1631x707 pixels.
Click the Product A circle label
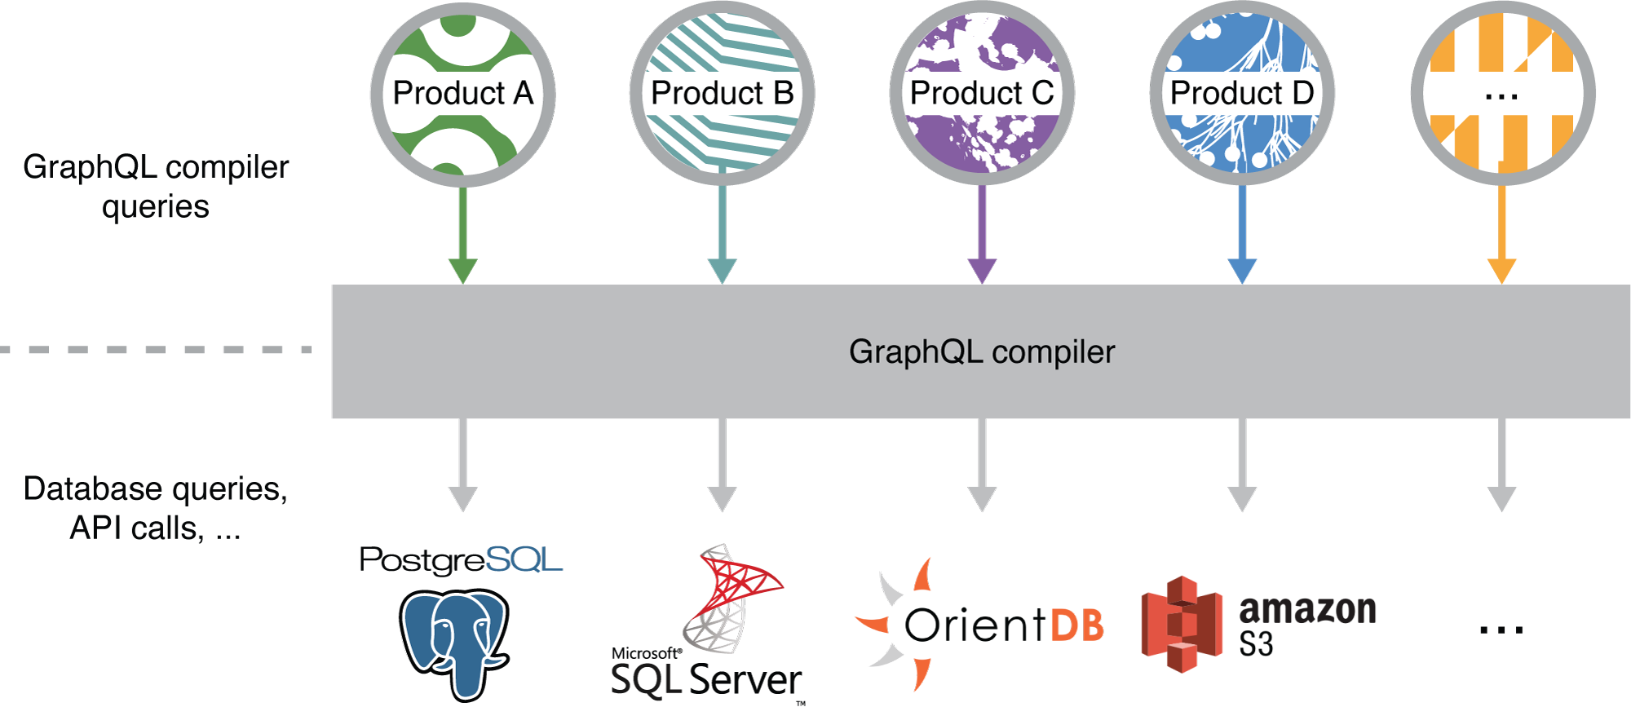click(462, 93)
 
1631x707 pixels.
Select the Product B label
click(722, 93)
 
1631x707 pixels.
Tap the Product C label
click(981, 93)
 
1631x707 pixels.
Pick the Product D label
click(1241, 93)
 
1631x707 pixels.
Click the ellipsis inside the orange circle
click(1501, 96)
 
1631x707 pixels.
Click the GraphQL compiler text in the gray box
click(981, 351)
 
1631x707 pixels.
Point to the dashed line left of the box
click(155, 350)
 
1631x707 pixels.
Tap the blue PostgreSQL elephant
click(454, 640)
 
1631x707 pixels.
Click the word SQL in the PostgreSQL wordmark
click(523, 559)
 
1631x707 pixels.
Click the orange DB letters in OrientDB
click(1076, 625)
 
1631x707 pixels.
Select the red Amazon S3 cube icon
click(1182, 624)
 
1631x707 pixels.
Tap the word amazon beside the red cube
click(1307, 610)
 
